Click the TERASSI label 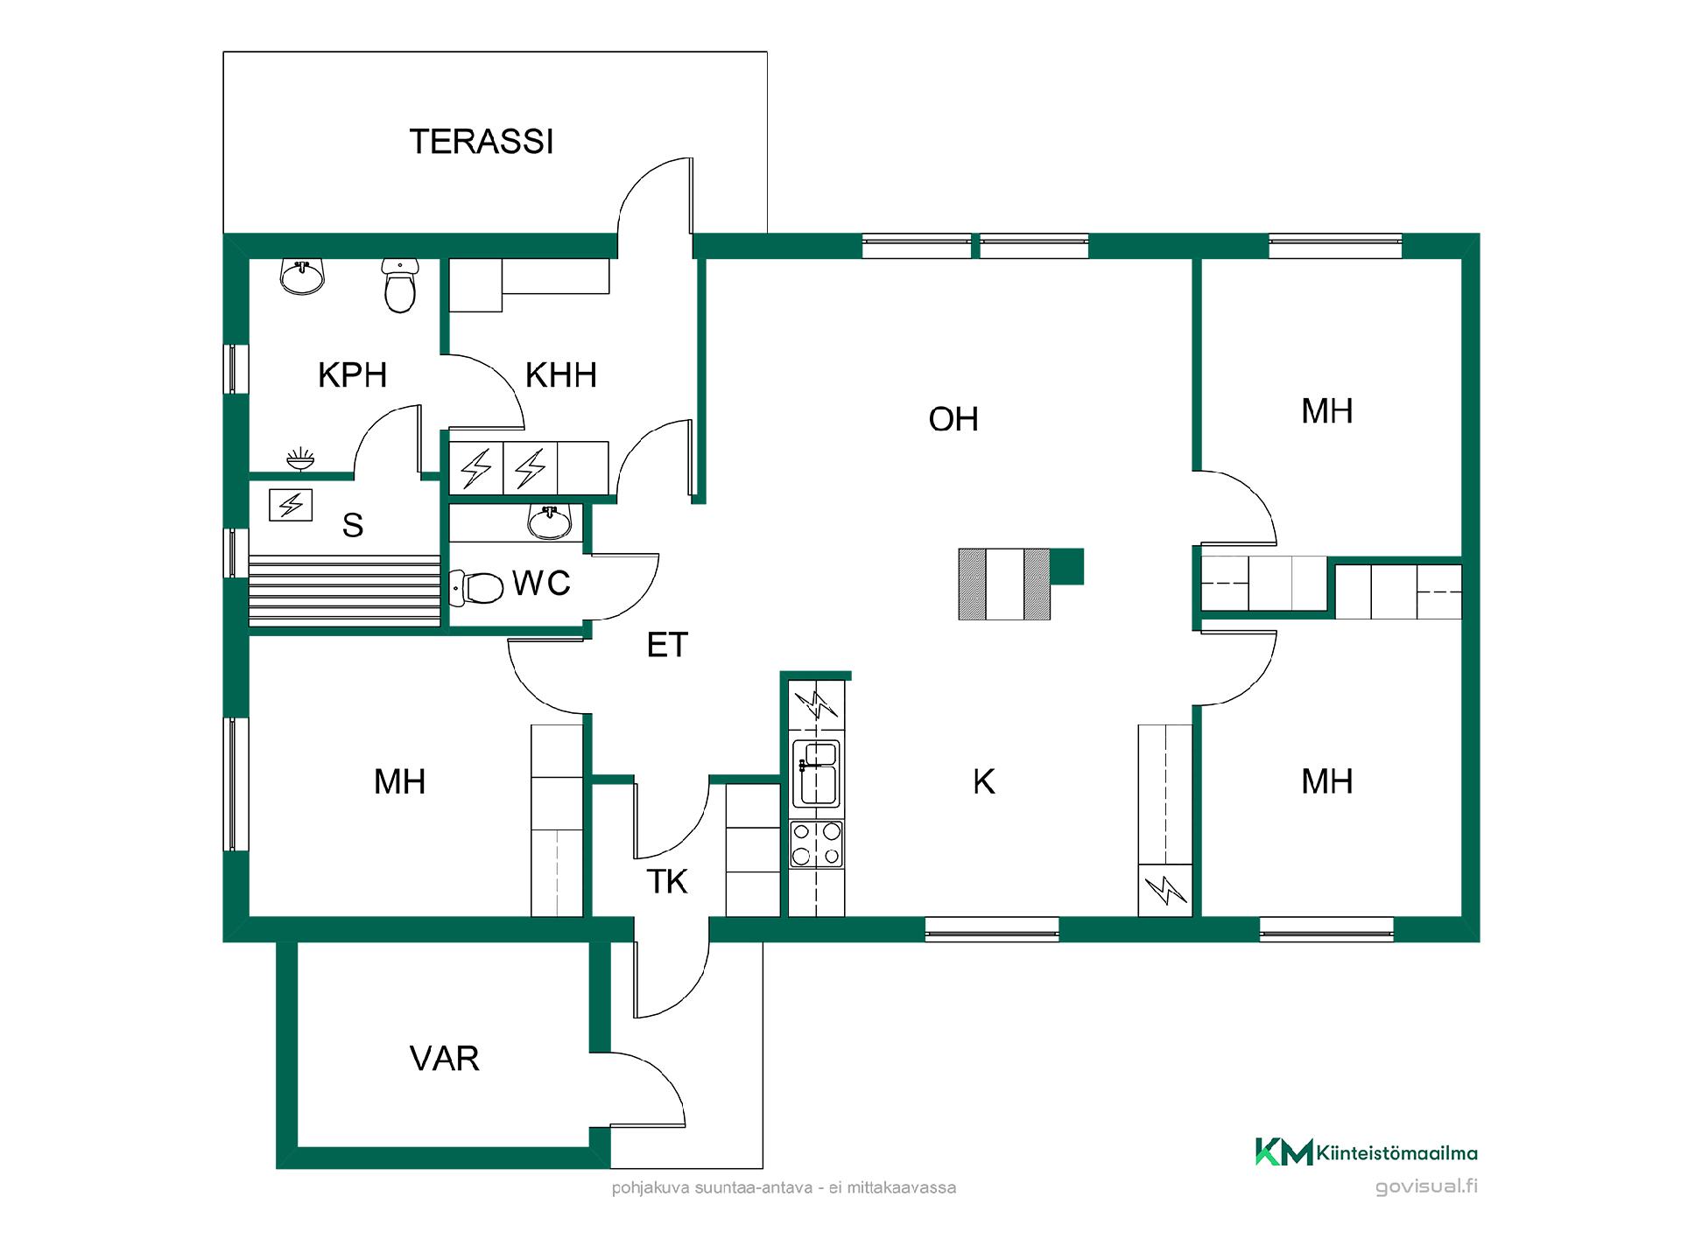[x=482, y=142]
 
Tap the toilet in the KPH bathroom [x=400, y=286]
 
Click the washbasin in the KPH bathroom [x=302, y=276]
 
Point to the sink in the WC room [x=549, y=521]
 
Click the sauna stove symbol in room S [x=291, y=505]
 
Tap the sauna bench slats [x=344, y=591]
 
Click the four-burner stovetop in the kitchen [x=816, y=843]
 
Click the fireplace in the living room [x=1005, y=584]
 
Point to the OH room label [x=953, y=420]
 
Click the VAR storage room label [x=444, y=1060]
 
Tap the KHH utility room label [x=561, y=375]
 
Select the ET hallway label [x=667, y=646]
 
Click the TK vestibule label [x=667, y=882]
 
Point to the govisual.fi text [x=1426, y=1187]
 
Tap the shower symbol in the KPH [x=300, y=458]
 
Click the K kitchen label [x=983, y=782]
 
